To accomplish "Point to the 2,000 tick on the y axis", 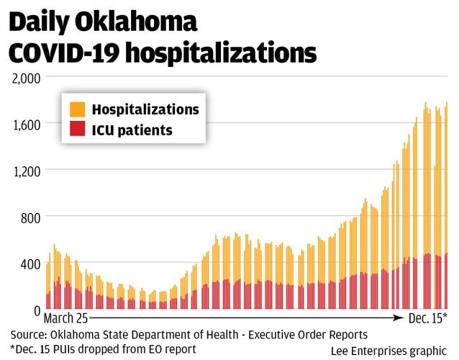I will [x=26, y=76].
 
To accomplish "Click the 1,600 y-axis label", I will [x=27, y=123].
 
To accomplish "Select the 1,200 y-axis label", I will [x=27, y=170].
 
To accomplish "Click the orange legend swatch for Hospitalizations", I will [x=77, y=109].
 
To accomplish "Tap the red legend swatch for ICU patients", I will [x=77, y=130].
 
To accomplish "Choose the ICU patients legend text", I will [x=132, y=130].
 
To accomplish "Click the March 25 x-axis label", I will [x=66, y=318].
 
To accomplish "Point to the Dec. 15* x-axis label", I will [x=427, y=318].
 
